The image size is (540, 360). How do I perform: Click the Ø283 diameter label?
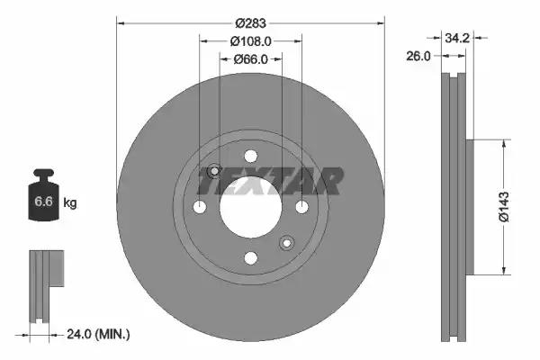(x=251, y=22)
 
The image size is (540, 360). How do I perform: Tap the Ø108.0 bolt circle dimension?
(x=251, y=41)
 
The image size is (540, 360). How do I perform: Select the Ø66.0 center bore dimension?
(x=251, y=59)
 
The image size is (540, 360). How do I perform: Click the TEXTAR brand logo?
(x=270, y=181)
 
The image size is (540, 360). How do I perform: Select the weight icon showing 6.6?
(x=43, y=199)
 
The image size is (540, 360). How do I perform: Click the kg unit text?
(x=69, y=203)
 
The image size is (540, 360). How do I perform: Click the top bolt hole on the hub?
(x=251, y=157)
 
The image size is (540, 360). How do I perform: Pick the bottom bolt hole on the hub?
(x=251, y=258)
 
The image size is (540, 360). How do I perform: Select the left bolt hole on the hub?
(x=200, y=208)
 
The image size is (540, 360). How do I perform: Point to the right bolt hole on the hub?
(x=302, y=208)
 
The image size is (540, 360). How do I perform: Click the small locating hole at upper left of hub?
(x=214, y=172)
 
